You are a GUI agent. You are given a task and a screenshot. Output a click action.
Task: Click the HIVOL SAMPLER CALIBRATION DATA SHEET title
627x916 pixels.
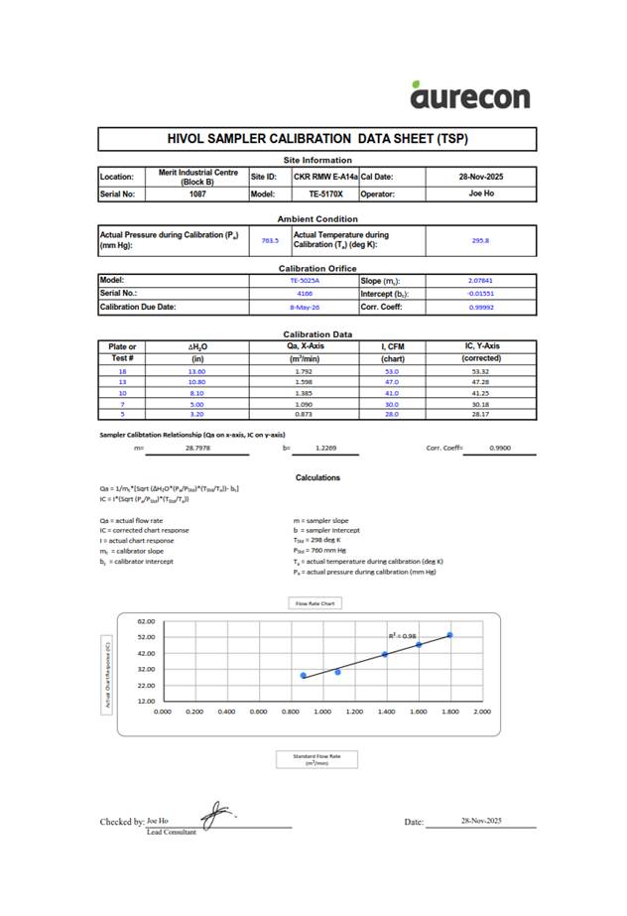[x=316, y=140]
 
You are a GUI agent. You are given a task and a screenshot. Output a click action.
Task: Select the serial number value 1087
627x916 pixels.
[x=197, y=195]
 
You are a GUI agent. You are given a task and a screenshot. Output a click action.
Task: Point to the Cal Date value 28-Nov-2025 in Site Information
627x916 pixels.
[x=480, y=177]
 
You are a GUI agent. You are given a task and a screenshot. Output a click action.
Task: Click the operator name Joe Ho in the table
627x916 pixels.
[x=481, y=195]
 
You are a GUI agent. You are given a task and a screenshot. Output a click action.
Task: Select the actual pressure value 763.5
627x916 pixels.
[x=269, y=240]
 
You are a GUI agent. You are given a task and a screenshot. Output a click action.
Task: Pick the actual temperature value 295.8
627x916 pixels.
[x=480, y=240]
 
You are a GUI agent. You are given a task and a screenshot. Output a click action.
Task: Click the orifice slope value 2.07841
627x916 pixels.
[x=479, y=281]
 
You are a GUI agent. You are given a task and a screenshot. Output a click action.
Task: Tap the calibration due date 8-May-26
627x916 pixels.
[x=301, y=308]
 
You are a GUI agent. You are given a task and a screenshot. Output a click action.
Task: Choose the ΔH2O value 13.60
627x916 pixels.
[x=196, y=371]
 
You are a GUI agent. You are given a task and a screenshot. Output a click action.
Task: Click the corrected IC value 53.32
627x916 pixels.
[x=482, y=371]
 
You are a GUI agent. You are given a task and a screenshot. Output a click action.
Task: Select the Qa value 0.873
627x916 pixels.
[x=304, y=415]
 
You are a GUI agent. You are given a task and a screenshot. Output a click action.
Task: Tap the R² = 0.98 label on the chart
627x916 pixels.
[x=403, y=635]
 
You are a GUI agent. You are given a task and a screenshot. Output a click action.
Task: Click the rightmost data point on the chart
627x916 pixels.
[x=449, y=635]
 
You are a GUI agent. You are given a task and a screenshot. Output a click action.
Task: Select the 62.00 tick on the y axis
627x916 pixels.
[x=146, y=620]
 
